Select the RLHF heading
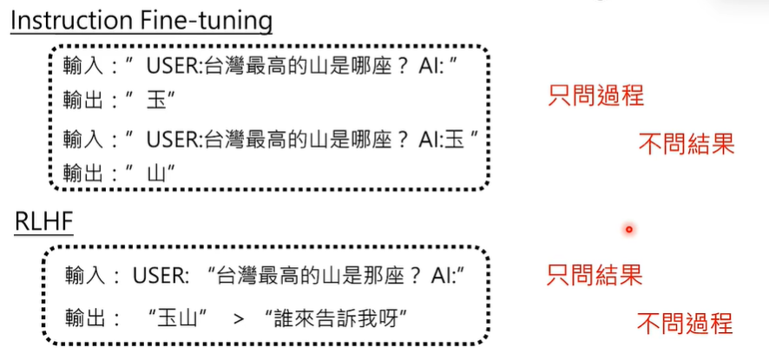click(x=43, y=222)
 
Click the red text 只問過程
click(x=595, y=95)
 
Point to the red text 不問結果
click(x=686, y=144)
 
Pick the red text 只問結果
click(x=595, y=276)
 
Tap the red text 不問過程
click(x=685, y=324)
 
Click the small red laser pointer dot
click(x=629, y=230)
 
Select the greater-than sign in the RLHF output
click(x=239, y=318)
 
